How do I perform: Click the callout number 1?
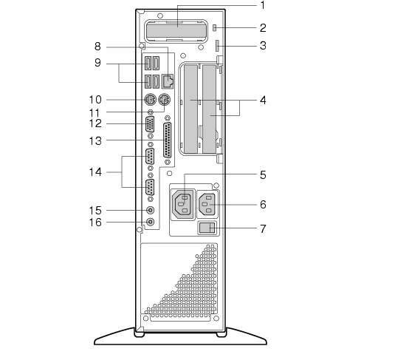[x=263, y=5]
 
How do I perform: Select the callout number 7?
[x=263, y=229]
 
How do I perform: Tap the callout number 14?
[x=95, y=172]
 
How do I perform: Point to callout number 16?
[x=95, y=223]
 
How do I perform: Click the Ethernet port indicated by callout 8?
[x=168, y=81]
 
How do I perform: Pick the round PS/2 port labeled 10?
[x=150, y=100]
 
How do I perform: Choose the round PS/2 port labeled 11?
[x=164, y=100]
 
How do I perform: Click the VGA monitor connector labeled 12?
[x=150, y=124]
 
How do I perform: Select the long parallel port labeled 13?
[x=168, y=140]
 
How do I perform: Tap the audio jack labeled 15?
[x=151, y=210]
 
